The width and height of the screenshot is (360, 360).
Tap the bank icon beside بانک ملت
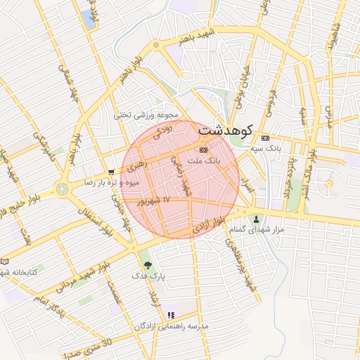pos(204,149)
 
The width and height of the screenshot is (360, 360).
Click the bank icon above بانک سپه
pos(265,138)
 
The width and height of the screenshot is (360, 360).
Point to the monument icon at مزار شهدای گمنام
pos(255,219)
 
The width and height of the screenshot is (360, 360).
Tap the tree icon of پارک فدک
pos(147,265)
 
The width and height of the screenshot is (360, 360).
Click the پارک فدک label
pos(148,276)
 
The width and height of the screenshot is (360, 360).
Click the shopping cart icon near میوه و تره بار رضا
pos(112,172)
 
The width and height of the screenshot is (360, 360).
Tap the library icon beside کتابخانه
pos(5,261)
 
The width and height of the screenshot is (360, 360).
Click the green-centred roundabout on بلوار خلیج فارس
pos(63,188)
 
